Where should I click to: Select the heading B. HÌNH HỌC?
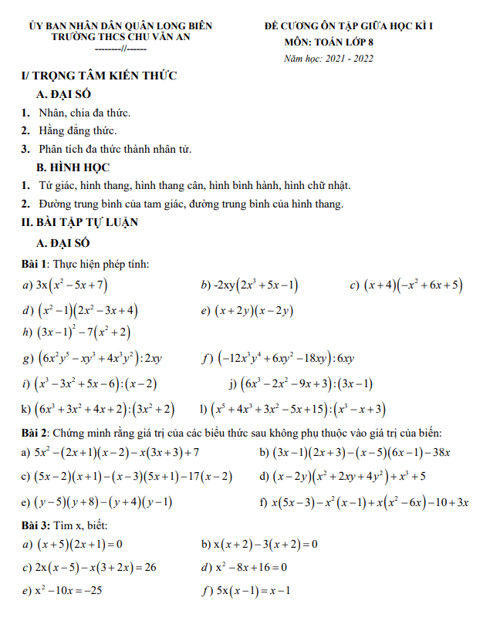(73, 167)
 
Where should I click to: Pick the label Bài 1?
(35, 265)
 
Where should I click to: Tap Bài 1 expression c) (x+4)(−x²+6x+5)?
(412, 285)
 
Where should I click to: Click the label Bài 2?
(35, 434)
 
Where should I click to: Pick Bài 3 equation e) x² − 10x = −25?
(69, 592)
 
